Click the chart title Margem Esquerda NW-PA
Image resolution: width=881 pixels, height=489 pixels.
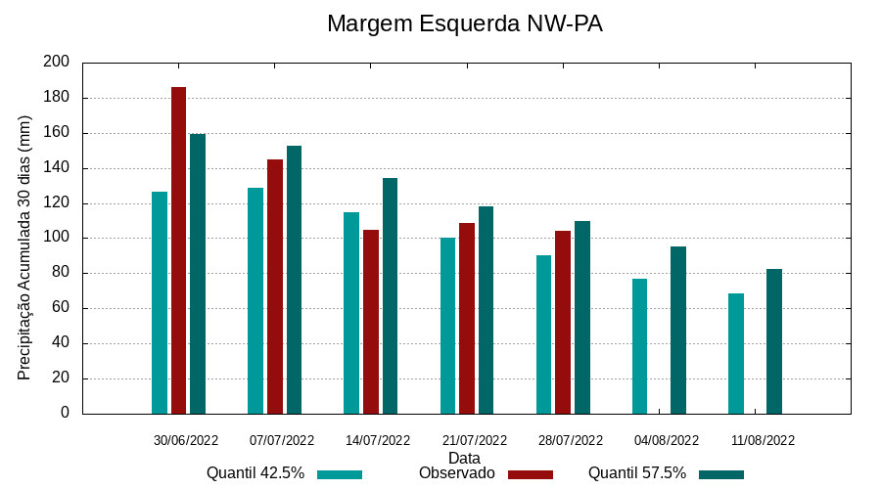pos(464,23)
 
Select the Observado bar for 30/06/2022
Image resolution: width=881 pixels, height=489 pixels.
pos(178,250)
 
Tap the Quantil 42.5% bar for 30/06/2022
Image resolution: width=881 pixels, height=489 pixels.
pos(160,302)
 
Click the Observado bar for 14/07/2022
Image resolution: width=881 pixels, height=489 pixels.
pos(371,322)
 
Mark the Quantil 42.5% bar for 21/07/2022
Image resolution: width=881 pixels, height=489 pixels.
pos(447,326)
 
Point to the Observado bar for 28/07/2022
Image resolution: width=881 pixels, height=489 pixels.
pos(563,322)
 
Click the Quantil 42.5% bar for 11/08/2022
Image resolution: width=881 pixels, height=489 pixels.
pos(736,353)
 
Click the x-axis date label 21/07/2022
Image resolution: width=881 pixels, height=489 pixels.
pos(475,440)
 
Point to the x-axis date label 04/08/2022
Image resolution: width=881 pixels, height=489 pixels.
pos(667,440)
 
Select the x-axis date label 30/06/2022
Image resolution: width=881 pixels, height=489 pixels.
pos(186,440)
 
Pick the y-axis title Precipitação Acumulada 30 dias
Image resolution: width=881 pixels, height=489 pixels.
pos(25,247)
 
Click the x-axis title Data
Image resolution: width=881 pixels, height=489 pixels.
pos(464,458)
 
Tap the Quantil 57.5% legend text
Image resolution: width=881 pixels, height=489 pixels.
pos(636,473)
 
